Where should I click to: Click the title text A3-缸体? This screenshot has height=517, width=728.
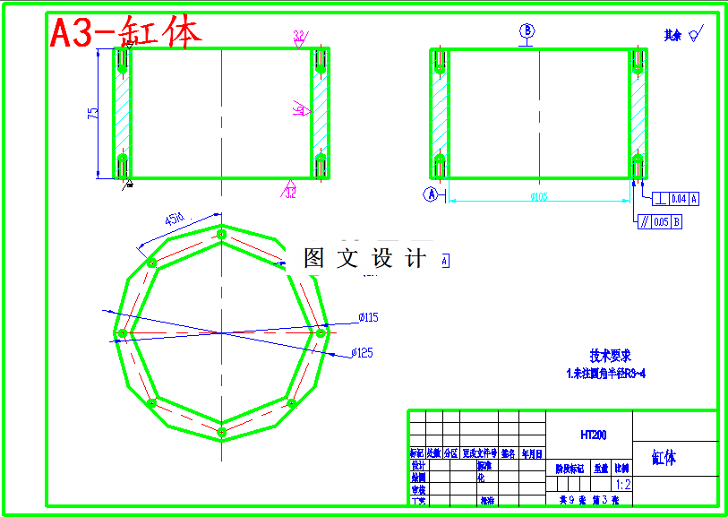[x=125, y=33]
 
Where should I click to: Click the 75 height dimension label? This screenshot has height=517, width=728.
[x=92, y=113]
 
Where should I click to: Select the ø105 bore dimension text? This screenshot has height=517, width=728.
[x=538, y=197]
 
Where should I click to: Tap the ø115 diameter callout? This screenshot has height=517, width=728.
[x=368, y=317]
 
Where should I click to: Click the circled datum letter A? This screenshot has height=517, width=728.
[x=431, y=194]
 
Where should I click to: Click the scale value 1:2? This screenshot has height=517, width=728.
[x=622, y=485]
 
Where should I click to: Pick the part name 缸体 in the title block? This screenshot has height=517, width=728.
[x=664, y=459]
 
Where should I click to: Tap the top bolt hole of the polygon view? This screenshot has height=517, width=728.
[x=221, y=234]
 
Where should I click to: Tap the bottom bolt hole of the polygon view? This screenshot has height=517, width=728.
[x=221, y=432]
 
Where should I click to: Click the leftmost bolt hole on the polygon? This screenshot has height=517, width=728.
[x=122, y=333]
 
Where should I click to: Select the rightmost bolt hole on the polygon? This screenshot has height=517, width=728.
[x=321, y=333]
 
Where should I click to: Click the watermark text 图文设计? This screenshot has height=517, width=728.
[x=364, y=259]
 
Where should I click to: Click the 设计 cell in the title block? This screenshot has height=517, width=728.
[x=417, y=466]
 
